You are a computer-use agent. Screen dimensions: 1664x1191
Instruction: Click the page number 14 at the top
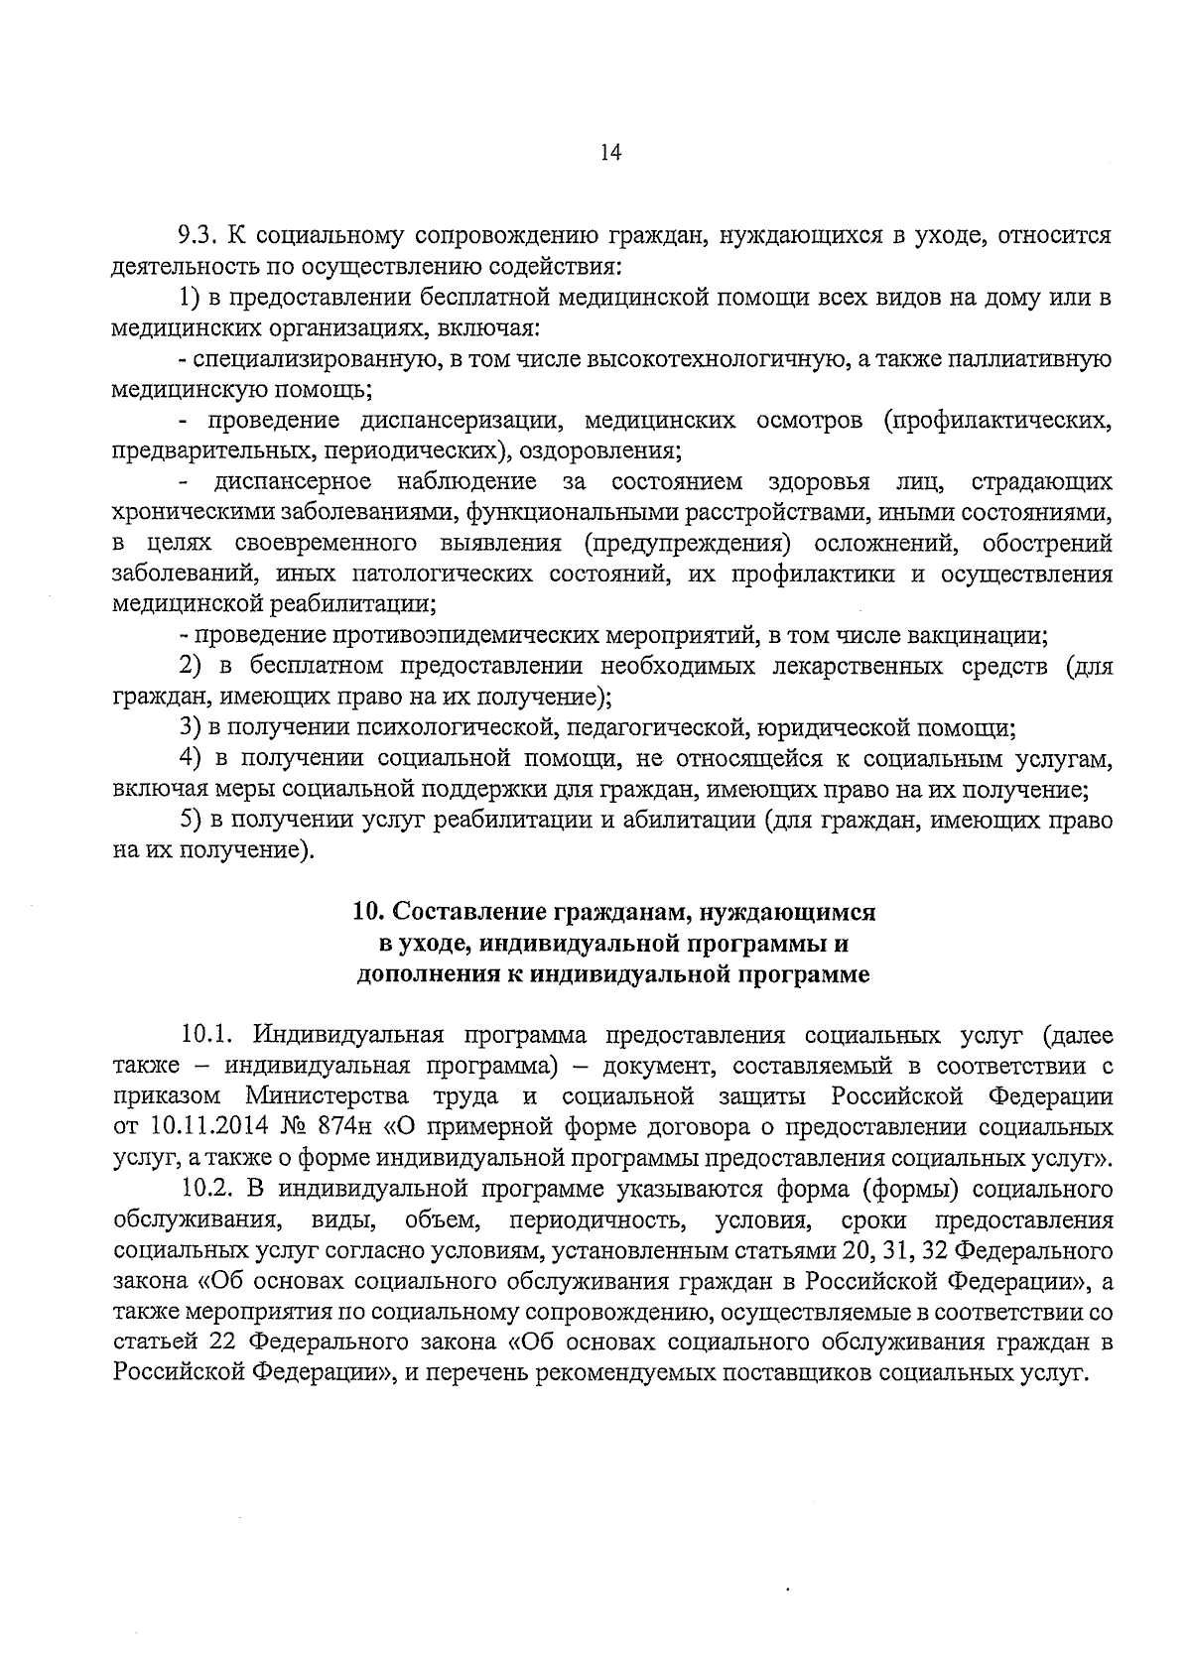tap(610, 153)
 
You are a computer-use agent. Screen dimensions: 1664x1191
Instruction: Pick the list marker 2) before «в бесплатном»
tap(191, 666)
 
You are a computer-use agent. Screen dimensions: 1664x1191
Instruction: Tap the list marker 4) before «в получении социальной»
tap(191, 759)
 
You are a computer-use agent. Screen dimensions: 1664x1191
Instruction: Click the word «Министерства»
tap(328, 1097)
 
